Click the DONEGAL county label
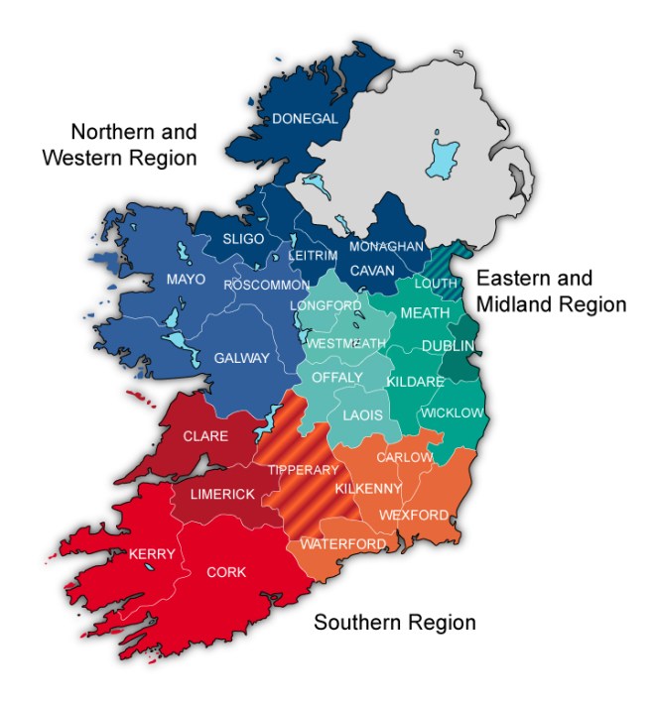306,118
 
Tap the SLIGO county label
243,239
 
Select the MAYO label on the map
186,279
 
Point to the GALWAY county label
242,358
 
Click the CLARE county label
205,436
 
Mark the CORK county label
226,572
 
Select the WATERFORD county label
343,544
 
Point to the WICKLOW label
452,412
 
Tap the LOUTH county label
435,283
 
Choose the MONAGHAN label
386,246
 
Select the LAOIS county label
361,415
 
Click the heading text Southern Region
395,623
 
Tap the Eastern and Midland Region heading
551,291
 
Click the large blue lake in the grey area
444,158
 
